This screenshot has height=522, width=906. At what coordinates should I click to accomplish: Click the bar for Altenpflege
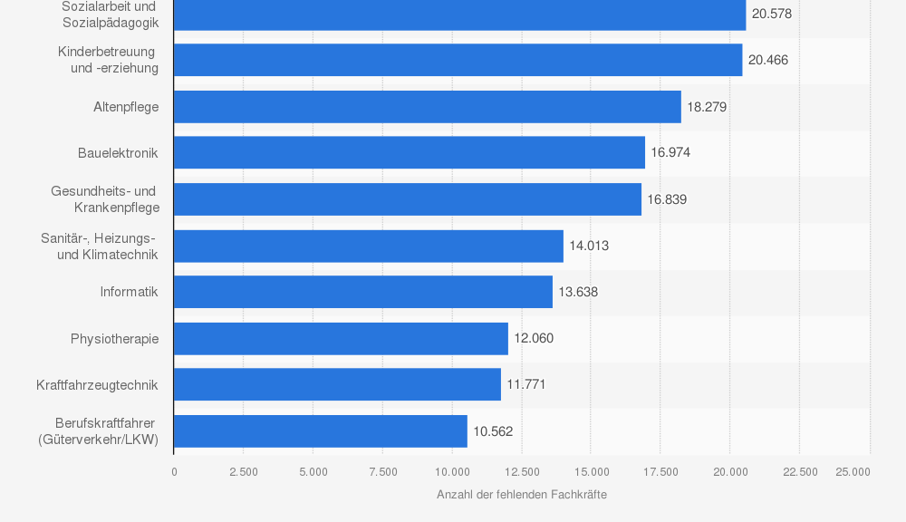(x=427, y=107)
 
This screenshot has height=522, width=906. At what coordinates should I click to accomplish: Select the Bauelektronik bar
(x=409, y=152)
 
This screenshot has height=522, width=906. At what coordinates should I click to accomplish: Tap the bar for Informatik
(x=362, y=292)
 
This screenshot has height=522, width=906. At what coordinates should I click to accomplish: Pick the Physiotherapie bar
(x=341, y=339)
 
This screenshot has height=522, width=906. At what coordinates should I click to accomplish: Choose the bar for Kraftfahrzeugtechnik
(x=337, y=384)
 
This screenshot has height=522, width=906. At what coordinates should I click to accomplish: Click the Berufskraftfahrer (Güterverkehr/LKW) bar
(x=320, y=431)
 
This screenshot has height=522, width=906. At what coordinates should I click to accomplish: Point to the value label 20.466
(x=768, y=60)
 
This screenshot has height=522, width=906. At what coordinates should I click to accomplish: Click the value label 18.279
(x=707, y=107)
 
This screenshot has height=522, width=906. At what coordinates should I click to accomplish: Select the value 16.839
(x=667, y=199)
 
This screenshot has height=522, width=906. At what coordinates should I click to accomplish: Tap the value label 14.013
(x=589, y=246)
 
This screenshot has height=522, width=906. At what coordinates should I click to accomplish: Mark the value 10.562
(x=493, y=431)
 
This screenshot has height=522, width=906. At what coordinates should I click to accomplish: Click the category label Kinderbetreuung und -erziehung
(x=108, y=60)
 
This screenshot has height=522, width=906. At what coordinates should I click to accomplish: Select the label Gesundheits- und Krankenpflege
(x=105, y=199)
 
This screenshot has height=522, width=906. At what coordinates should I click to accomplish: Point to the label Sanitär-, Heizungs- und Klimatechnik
(x=100, y=246)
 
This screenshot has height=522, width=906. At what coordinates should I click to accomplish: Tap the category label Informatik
(x=130, y=292)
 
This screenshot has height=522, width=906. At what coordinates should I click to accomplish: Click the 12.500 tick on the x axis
(x=522, y=471)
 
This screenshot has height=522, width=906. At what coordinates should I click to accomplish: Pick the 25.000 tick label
(x=853, y=471)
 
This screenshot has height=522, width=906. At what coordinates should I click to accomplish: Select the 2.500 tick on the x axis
(x=244, y=471)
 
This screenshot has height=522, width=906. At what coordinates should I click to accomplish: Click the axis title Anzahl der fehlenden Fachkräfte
(x=522, y=495)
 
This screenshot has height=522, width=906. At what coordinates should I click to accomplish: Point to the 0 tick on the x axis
(x=174, y=471)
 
